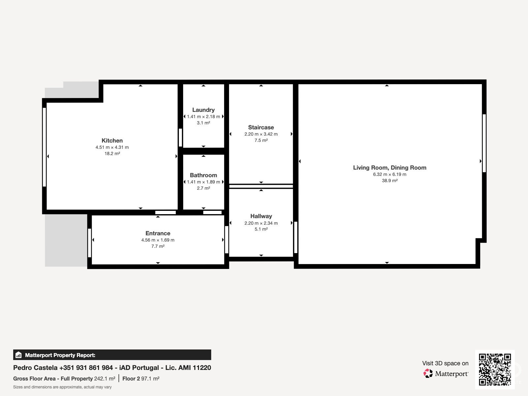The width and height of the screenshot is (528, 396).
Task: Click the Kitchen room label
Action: [112, 141]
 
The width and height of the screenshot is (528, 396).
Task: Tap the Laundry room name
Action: [203, 110]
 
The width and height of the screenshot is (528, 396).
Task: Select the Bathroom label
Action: [203, 175]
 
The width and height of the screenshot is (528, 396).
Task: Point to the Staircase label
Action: [261, 127]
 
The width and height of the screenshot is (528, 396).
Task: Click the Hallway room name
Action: [261, 216]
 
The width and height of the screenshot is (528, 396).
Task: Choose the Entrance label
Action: [158, 233]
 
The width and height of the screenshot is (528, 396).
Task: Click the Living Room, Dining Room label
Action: [390, 168]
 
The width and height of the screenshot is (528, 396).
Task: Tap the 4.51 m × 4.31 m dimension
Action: [112, 148]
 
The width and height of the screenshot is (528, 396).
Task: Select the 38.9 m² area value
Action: [390, 181]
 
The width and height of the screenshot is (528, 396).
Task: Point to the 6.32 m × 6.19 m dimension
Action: [390, 174]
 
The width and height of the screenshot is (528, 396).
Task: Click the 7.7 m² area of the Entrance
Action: [158, 246]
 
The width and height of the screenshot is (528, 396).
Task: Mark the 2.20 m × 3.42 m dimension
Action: [261, 134]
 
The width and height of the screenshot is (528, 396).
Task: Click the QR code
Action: [495, 369]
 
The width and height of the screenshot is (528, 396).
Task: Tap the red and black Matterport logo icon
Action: [428, 374]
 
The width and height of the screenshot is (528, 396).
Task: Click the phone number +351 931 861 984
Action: [86, 368]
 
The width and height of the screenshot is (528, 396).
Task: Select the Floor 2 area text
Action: [141, 379]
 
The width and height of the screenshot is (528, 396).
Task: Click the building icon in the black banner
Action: [18, 355]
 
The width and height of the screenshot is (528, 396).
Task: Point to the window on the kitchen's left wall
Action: [44, 147]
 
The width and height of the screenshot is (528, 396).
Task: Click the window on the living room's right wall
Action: [484, 143]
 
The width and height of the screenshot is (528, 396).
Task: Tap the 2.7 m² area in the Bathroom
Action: [203, 188]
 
